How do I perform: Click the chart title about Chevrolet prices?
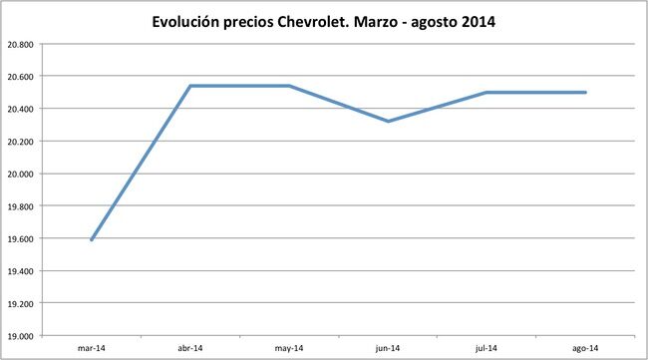[x=323, y=21]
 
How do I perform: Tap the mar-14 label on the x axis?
[x=91, y=348]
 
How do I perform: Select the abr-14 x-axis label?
[x=189, y=348]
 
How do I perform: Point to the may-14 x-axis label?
[x=289, y=348]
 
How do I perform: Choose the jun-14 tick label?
[x=388, y=348]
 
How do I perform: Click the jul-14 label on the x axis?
[x=486, y=348]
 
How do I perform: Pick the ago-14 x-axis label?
[x=586, y=348]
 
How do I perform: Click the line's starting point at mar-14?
[x=91, y=239]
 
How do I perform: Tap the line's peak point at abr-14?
[x=189, y=86]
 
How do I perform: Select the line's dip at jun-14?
[x=388, y=121]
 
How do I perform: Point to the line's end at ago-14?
[x=585, y=92]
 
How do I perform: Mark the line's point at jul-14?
[x=486, y=92]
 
